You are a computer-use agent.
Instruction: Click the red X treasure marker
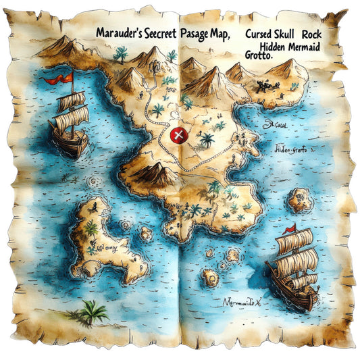click(178, 136)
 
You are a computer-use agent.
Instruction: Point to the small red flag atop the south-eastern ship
click(290, 228)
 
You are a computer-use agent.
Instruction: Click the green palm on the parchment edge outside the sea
click(93, 311)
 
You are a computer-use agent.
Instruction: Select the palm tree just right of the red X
click(206, 140)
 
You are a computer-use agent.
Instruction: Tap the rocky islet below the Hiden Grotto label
click(299, 199)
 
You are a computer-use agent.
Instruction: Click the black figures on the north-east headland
click(267, 86)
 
